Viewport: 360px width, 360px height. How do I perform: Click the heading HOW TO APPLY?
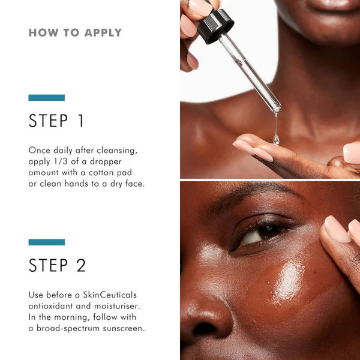75,32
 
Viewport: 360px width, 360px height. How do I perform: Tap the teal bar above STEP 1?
46,97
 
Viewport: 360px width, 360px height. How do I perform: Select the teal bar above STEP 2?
46,242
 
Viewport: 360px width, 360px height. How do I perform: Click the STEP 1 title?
57,121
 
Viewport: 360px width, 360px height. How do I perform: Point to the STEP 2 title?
58,265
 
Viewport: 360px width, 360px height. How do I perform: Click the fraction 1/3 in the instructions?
64,161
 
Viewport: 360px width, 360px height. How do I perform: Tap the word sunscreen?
122,328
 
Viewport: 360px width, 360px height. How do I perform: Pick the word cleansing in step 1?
121,150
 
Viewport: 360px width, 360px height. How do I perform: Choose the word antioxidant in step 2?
56,306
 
